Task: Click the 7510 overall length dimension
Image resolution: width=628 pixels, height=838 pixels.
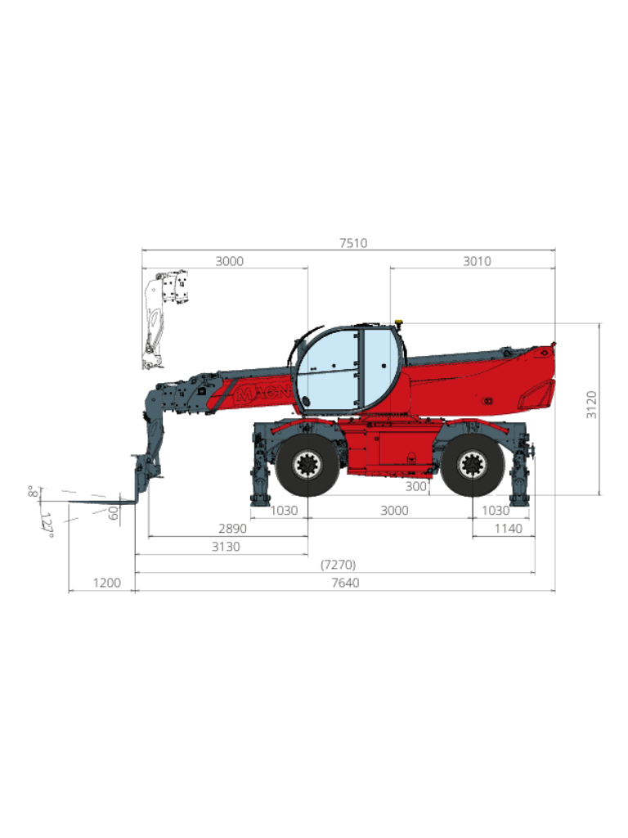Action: click(x=353, y=243)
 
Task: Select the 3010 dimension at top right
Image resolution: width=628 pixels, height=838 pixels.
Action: click(x=477, y=261)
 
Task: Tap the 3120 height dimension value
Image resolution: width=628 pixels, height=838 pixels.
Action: click(x=592, y=404)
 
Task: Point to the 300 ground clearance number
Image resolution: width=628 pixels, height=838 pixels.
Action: click(x=416, y=486)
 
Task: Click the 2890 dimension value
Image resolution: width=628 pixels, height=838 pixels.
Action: click(x=232, y=529)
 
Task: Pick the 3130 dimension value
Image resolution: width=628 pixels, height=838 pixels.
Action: click(x=226, y=547)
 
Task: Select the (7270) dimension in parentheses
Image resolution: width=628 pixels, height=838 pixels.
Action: click(x=338, y=565)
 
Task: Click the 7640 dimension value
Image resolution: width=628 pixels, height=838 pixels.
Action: click(x=345, y=583)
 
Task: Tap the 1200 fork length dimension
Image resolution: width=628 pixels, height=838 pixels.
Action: click(x=107, y=583)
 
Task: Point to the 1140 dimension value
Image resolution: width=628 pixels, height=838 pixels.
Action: click(x=509, y=529)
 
